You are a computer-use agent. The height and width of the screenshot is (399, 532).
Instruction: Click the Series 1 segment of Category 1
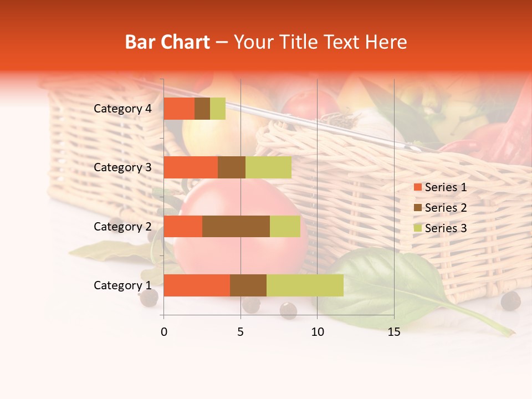tap(197, 285)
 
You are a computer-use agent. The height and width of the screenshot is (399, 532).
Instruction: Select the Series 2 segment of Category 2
tap(236, 226)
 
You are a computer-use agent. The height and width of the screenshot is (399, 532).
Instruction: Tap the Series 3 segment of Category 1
tap(305, 285)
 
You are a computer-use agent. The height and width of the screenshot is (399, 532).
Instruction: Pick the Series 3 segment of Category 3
tap(268, 167)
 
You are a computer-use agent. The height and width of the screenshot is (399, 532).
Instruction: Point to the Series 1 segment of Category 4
tap(179, 109)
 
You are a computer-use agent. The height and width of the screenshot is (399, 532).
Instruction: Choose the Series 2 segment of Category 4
tap(202, 109)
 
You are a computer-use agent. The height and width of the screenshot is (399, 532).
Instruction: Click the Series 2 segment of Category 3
tap(232, 167)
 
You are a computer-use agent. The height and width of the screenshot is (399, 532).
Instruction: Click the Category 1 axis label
tap(122, 285)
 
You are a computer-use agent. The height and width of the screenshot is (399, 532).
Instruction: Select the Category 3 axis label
tap(122, 167)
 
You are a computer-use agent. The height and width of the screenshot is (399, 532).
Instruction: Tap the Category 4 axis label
tap(122, 109)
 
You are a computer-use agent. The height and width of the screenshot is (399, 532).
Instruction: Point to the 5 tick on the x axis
tap(241, 332)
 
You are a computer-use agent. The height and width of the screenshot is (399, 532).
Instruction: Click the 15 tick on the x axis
tap(393, 332)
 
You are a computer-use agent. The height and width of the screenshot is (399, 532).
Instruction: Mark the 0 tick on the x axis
tap(164, 332)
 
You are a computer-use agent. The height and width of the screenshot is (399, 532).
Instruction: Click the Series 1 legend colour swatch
tap(417, 187)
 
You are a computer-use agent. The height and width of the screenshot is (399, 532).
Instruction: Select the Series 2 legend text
tap(446, 208)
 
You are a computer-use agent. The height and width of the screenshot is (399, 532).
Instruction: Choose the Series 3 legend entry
tap(441, 228)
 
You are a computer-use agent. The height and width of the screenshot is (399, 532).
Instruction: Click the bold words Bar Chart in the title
tap(167, 42)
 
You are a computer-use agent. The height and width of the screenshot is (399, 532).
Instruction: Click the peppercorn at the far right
tap(510, 301)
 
